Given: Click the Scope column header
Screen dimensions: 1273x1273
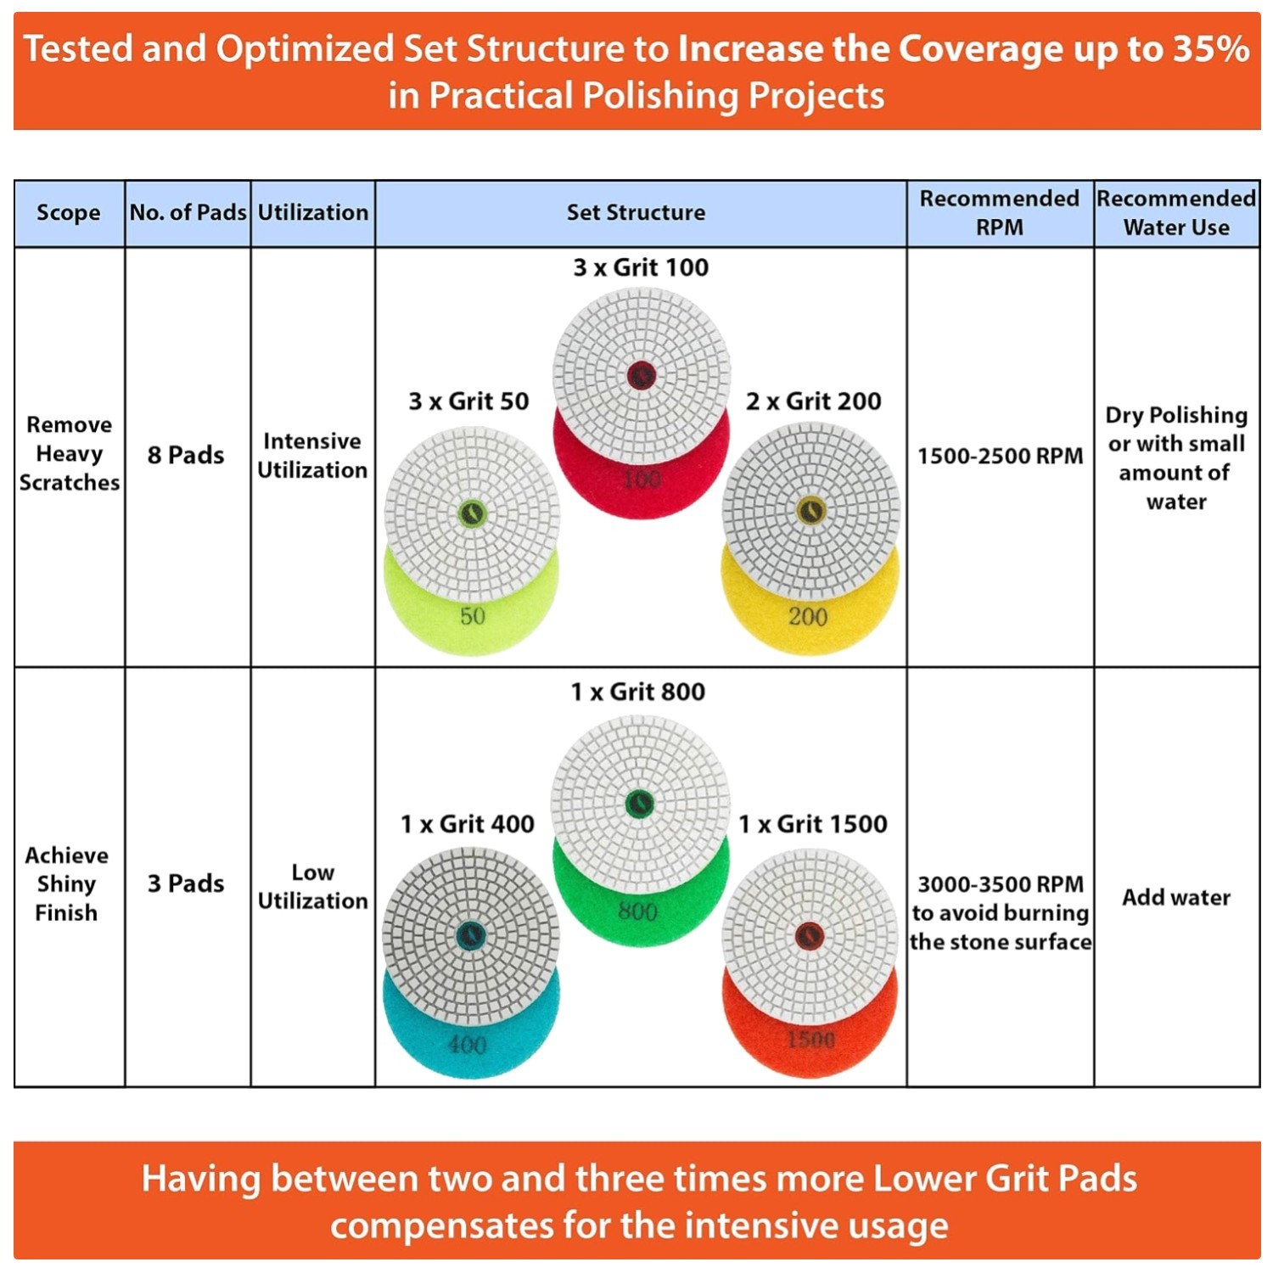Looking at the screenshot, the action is pyautogui.click(x=69, y=213).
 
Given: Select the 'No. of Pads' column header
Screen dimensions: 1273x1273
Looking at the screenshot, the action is pyautogui.click(x=188, y=212).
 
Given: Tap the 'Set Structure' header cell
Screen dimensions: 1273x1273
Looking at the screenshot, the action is pyautogui.click(x=636, y=212).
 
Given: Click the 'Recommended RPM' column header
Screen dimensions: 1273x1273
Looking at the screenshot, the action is pyautogui.click(x=1000, y=212).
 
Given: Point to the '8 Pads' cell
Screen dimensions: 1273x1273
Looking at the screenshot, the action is pyautogui.click(x=186, y=455).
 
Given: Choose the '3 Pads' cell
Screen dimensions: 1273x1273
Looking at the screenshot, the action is pyautogui.click(x=186, y=883).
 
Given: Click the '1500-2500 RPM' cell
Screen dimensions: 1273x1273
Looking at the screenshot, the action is pyautogui.click(x=1000, y=456).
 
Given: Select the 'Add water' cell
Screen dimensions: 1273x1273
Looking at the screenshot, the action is pyautogui.click(x=1176, y=897).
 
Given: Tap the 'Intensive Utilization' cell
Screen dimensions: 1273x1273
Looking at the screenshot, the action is pyautogui.click(x=312, y=455).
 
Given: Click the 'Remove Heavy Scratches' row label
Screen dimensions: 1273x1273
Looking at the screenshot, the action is pyautogui.click(x=69, y=453).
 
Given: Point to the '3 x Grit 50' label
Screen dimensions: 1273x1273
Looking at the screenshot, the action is pyautogui.click(x=468, y=401).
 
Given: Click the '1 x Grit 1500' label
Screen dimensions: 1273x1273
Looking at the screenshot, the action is pyautogui.click(x=813, y=824).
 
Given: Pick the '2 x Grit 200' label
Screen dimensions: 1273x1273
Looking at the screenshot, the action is pyautogui.click(x=814, y=401).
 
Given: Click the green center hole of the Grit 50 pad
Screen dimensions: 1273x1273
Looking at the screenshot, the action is pyautogui.click(x=472, y=513).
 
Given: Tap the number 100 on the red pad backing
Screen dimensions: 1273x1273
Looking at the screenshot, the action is pyautogui.click(x=641, y=479).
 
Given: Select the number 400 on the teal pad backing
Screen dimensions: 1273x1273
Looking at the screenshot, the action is pyautogui.click(x=467, y=1044).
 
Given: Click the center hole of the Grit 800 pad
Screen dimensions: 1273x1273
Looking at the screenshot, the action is pyautogui.click(x=639, y=803).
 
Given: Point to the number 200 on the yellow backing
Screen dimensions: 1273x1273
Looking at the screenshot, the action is pyautogui.click(x=808, y=617).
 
